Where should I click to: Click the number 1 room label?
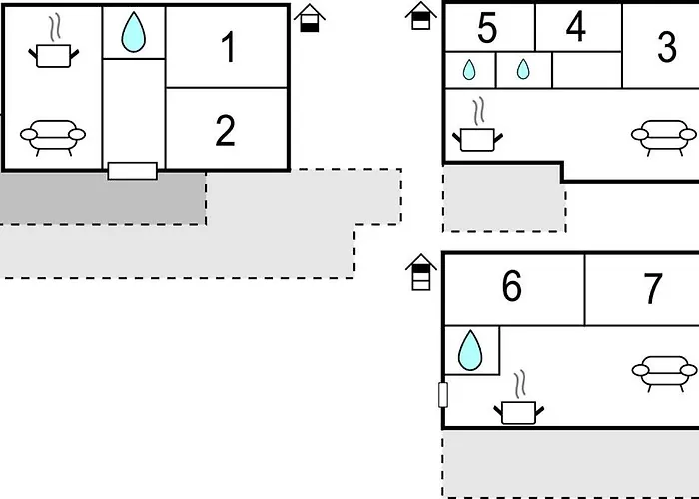click(229, 47)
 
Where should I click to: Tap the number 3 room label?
click(667, 47)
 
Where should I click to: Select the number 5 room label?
click(487, 29)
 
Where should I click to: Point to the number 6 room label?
click(511, 287)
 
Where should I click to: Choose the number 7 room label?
click(652, 288)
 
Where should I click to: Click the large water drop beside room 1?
click(133, 32)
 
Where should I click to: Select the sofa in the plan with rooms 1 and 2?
click(53, 135)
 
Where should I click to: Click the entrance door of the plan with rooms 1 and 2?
click(132, 171)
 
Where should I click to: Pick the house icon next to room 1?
click(310, 18)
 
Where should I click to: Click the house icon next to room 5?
click(421, 16)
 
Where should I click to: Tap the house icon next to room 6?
click(420, 272)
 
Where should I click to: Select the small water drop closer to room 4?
click(521, 69)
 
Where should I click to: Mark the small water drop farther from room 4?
click(468, 70)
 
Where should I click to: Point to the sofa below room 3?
click(663, 136)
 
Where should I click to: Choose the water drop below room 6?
click(469, 351)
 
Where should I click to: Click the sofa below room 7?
click(664, 371)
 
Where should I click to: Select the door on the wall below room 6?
click(443, 395)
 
